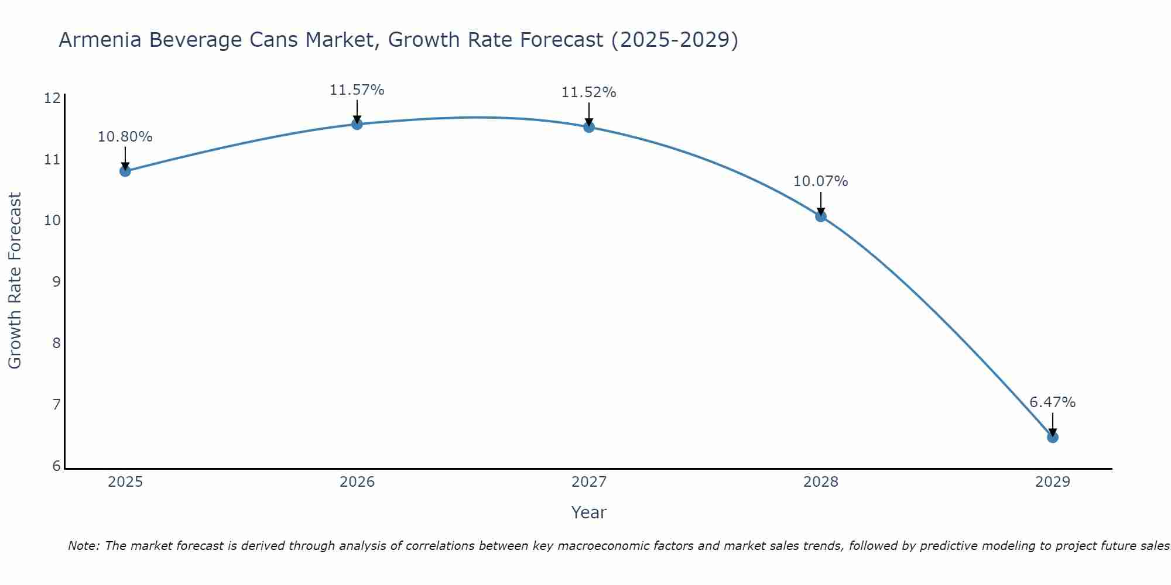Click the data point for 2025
(125, 171)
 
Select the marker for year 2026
(357, 124)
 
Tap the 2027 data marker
(589, 127)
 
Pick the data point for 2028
(821, 216)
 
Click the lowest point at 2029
(1052, 437)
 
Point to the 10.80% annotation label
(125, 137)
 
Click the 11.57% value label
(357, 90)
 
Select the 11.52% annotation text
(588, 92)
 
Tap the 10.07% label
(820, 181)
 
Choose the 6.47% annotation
(1052, 402)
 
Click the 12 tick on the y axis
(52, 98)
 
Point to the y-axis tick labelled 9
(56, 282)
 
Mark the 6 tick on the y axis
(56, 466)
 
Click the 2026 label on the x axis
(357, 482)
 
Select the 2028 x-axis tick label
(821, 482)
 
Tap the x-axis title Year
(588, 512)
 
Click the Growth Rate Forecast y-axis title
(15, 280)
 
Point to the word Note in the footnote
(84, 546)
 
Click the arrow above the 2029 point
(1052, 423)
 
